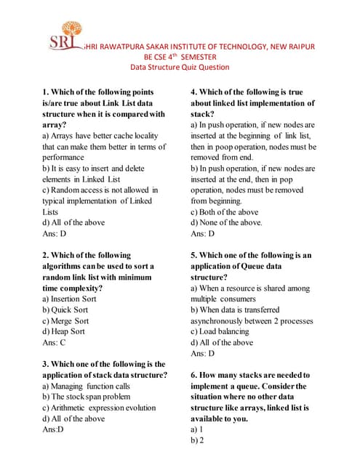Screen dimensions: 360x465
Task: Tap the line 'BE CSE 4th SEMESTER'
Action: [180, 56]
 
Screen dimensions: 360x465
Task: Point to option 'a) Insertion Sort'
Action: [76, 299]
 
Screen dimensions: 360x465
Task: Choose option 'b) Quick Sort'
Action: [66, 310]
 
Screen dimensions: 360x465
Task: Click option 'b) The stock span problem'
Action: [87, 397]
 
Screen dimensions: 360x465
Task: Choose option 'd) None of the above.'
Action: [226, 223]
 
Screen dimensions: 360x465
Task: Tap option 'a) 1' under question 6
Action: [196, 429]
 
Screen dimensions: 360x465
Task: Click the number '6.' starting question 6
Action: [194, 375]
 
